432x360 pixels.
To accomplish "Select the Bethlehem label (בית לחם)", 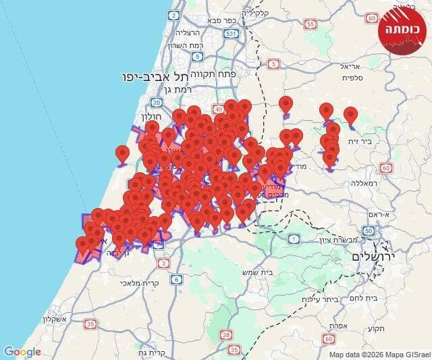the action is (371, 297).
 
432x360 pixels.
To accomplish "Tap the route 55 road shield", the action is (310, 24).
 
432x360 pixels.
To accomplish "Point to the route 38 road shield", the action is (225, 334).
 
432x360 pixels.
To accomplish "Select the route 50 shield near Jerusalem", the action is (368, 231).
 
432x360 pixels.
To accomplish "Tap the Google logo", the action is (22, 351).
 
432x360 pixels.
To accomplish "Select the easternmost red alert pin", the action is (350, 115).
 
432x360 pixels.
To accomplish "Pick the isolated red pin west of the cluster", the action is (122, 154).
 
